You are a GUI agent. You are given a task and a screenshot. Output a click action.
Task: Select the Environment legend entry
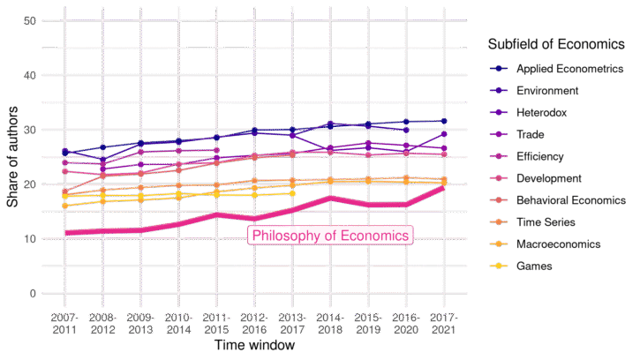tap(546, 91)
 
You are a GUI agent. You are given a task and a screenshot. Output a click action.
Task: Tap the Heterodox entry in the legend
tap(541, 113)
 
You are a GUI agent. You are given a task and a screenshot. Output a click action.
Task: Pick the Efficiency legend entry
tap(541, 157)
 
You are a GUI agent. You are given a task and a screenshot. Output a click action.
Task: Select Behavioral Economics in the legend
tap(570, 201)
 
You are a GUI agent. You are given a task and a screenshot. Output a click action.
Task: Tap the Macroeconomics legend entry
tap(557, 244)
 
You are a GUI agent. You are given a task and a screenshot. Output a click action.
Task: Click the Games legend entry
tap(534, 266)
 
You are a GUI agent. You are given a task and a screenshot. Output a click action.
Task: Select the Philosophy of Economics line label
tap(330, 236)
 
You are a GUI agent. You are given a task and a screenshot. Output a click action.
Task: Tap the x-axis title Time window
tap(253, 346)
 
